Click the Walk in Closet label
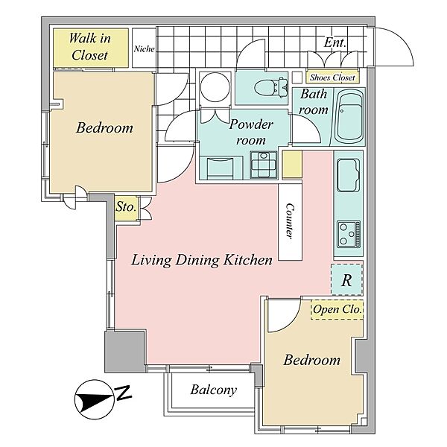coord(90,47)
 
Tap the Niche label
coord(145,49)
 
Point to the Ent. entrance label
coord(335,42)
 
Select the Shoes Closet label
coord(332,77)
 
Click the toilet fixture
coord(271,86)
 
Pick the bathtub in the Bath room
coord(350,117)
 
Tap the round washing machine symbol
coord(215,87)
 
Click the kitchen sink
coord(348,174)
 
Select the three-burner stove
coord(349,234)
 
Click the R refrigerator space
coord(346,280)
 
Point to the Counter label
coord(290,221)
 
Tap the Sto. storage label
coord(125,206)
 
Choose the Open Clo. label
coord(337,309)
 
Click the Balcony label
coord(214,390)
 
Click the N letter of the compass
coord(123,393)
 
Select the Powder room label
coord(251,132)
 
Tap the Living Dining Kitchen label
coord(202,260)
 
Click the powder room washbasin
coord(264,165)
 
